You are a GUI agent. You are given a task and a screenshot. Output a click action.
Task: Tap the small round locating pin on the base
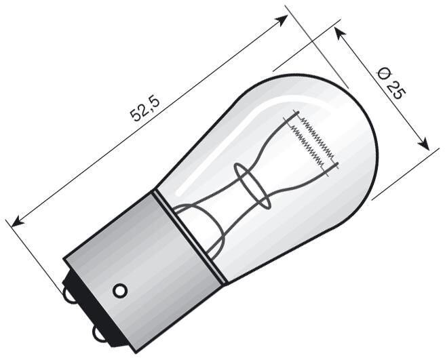(120, 290)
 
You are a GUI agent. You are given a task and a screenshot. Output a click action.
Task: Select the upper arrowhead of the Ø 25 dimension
(339, 34)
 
